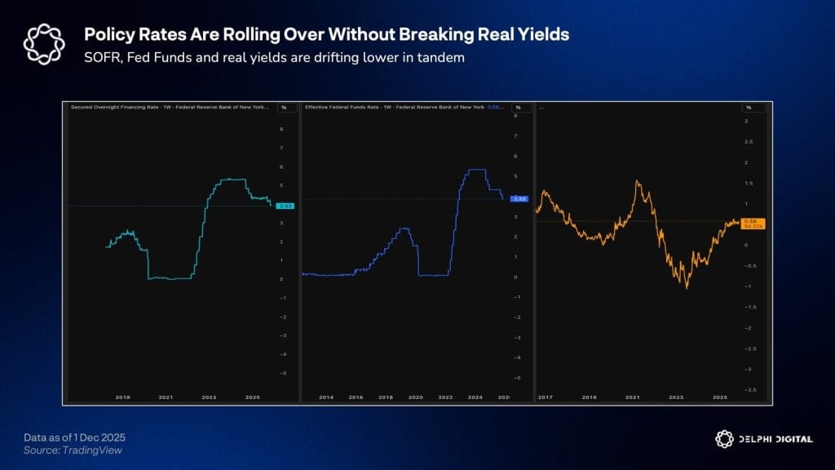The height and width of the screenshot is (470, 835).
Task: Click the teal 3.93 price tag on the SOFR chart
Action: click(x=285, y=206)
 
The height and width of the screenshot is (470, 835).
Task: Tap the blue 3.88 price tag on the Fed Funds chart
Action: click(x=519, y=199)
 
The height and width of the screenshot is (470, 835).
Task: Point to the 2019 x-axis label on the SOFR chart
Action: click(x=123, y=397)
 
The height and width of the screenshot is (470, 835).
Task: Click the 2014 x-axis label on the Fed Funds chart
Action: click(x=325, y=397)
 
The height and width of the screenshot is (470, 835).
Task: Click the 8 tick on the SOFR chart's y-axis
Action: click(x=281, y=129)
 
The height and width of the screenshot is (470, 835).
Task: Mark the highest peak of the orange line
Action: click(x=638, y=181)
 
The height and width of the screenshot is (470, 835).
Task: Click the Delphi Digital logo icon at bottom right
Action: click(x=722, y=438)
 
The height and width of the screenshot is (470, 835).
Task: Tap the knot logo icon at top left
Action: click(x=42, y=43)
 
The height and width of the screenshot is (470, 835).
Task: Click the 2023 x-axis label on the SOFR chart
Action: click(x=209, y=397)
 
